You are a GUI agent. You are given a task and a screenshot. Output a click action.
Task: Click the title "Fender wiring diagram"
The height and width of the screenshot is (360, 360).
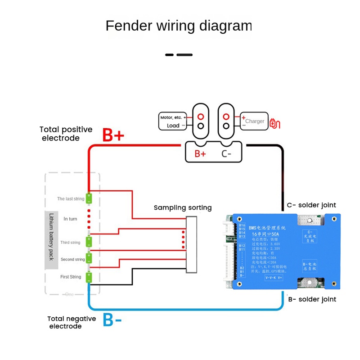pyautogui.click(x=179, y=26)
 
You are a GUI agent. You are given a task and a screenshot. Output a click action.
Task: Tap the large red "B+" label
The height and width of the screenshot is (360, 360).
pyautogui.click(x=113, y=135)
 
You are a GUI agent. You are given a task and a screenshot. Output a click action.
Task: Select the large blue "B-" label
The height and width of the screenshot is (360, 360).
pyautogui.click(x=112, y=319)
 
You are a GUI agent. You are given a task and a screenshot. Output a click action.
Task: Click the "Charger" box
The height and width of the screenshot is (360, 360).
pyautogui.click(x=255, y=121)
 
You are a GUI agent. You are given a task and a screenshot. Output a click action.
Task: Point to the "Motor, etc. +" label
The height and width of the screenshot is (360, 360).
pyautogui.click(x=173, y=117)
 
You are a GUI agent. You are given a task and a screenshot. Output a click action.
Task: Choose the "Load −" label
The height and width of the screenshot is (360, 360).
pyautogui.click(x=176, y=126)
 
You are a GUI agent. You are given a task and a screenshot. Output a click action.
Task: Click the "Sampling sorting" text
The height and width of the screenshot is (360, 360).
pyautogui.click(x=182, y=207)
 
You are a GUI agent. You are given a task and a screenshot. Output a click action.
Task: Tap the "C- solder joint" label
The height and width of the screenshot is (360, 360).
pyautogui.click(x=311, y=205)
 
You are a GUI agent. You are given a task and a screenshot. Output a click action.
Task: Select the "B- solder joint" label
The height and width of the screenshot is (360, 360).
pyautogui.click(x=311, y=299)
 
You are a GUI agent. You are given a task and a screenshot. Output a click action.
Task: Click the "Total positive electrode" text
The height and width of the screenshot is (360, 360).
pyautogui.click(x=66, y=134)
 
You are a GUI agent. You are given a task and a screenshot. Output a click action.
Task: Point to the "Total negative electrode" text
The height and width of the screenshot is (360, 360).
pyautogui.click(x=72, y=322)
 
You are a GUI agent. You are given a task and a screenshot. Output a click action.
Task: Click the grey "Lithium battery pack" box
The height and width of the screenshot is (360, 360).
pyautogui.click(x=51, y=240)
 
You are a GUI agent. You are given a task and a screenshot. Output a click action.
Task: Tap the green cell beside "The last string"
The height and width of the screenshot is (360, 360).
pyautogui.click(x=89, y=198)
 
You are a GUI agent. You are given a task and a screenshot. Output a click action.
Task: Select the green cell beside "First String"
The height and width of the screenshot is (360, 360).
pyautogui.click(x=89, y=277)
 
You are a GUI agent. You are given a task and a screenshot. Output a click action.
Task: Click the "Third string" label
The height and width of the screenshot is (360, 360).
pyautogui.click(x=70, y=243)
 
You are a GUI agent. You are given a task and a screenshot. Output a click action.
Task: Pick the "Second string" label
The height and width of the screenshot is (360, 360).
pyautogui.click(x=72, y=260)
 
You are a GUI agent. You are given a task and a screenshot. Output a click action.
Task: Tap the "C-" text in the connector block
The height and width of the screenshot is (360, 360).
pyautogui.click(x=226, y=153)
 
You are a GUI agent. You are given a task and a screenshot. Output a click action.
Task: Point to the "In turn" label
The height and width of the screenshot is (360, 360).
pyautogui.click(x=71, y=219)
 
